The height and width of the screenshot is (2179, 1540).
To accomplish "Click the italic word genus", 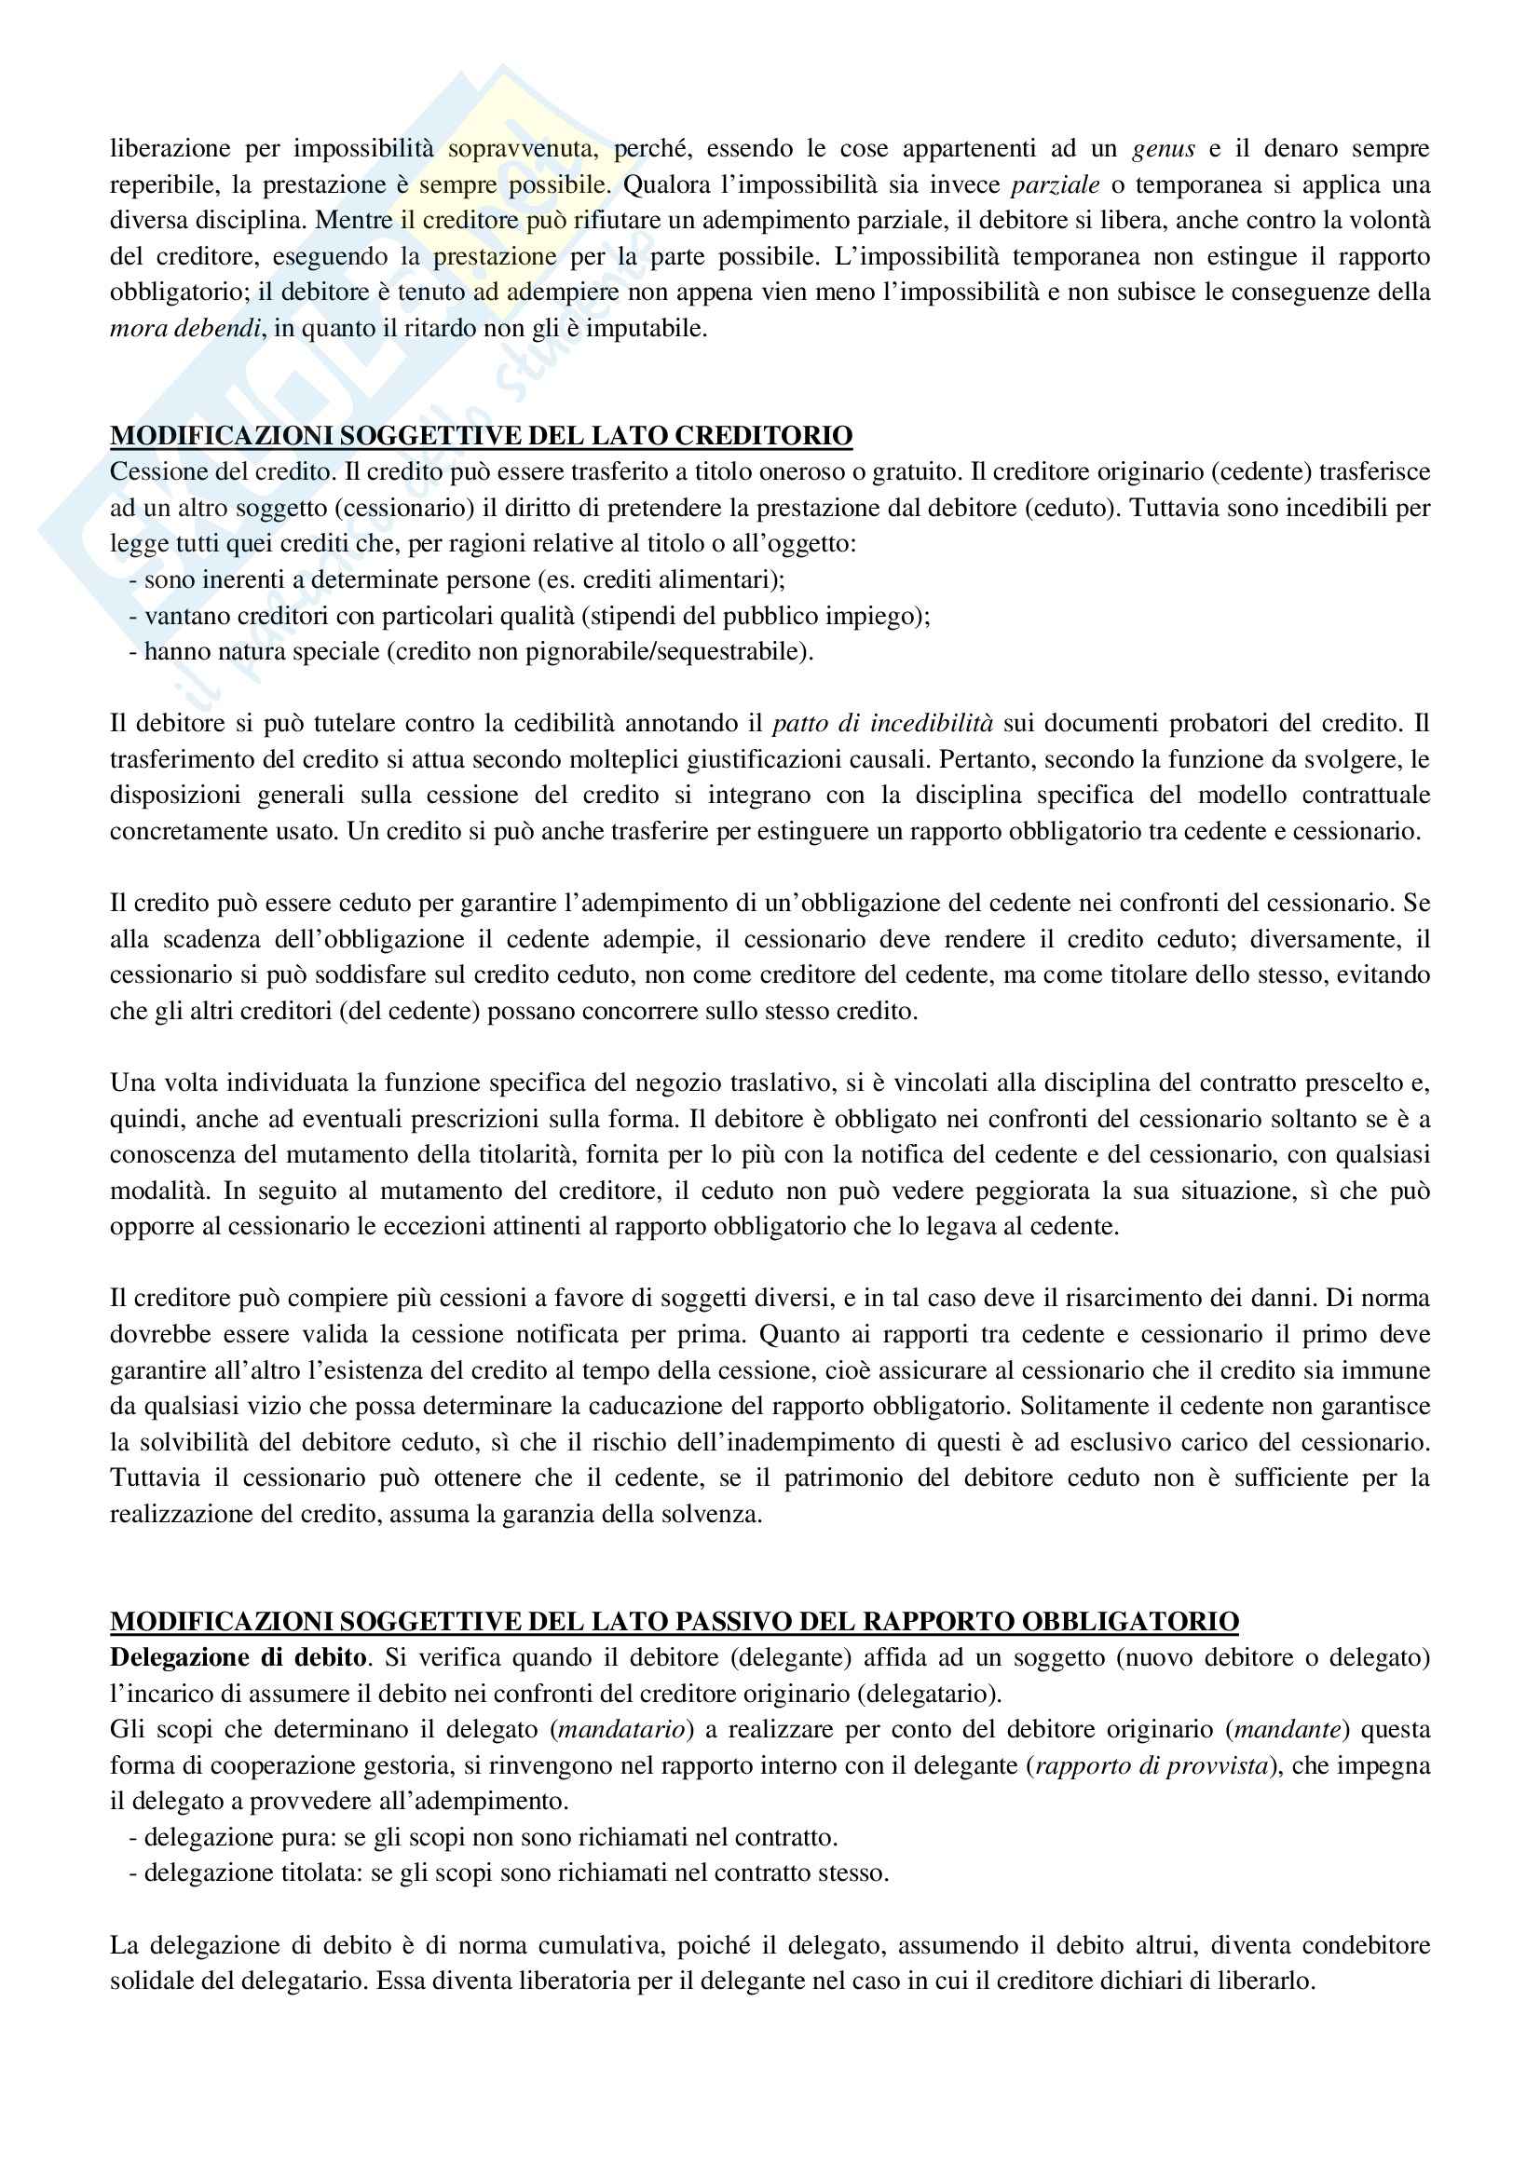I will tap(1164, 148).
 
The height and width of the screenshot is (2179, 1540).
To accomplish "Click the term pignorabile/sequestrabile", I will tap(677, 652).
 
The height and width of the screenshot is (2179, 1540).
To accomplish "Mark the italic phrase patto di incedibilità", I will tap(882, 723).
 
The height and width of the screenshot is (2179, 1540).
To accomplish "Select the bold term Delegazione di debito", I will tap(238, 1657).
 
